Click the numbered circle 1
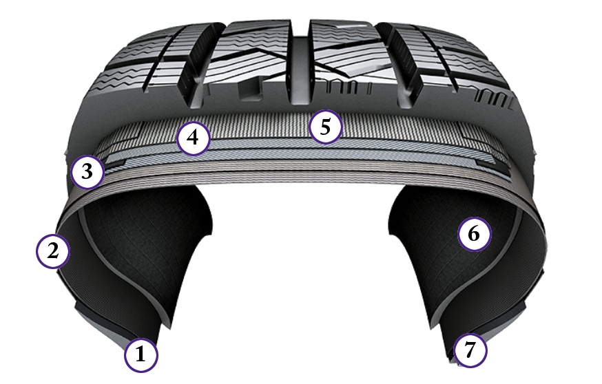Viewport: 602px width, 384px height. point(141,355)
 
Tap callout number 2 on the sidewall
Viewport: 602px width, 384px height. point(53,250)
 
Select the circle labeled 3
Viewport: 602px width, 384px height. point(87,171)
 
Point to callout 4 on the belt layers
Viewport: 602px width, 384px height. point(193,138)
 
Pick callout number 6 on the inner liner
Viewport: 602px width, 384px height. point(474,234)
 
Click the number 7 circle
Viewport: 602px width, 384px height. point(470,351)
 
